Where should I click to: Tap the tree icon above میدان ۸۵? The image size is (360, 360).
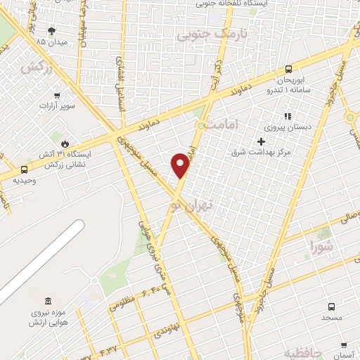[x=51, y=30]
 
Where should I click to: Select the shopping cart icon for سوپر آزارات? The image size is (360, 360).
[x=57, y=95]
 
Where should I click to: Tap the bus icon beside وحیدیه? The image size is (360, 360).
[x=25, y=169]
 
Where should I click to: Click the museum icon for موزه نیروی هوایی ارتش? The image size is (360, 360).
[x=48, y=300]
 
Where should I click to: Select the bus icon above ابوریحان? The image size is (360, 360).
[x=289, y=69]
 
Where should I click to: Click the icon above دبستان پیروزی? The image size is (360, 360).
[x=286, y=116]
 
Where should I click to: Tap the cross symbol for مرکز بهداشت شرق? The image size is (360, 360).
[x=262, y=141]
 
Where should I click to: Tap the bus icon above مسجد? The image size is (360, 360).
[x=331, y=306]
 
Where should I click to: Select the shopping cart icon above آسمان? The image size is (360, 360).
[x=343, y=345]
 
